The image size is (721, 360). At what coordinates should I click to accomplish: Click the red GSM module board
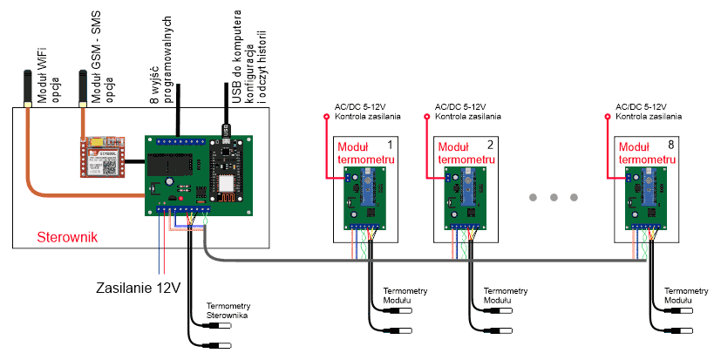pos(104,157)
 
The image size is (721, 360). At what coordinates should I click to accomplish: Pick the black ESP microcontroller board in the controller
pos(228,169)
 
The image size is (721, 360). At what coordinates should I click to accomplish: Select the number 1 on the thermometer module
pos(390,144)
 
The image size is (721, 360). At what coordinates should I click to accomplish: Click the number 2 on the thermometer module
pos(490,144)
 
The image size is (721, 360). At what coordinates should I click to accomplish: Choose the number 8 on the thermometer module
pos(670,144)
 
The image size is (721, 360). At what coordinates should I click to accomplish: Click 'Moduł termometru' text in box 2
pos(459,154)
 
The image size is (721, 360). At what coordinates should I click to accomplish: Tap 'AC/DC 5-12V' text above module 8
pos(641,105)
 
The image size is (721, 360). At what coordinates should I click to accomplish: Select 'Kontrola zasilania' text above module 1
pos(368,116)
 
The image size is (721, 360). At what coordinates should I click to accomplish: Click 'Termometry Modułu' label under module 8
pos(685,295)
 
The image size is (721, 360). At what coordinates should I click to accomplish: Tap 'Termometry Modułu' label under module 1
pos(405,295)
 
